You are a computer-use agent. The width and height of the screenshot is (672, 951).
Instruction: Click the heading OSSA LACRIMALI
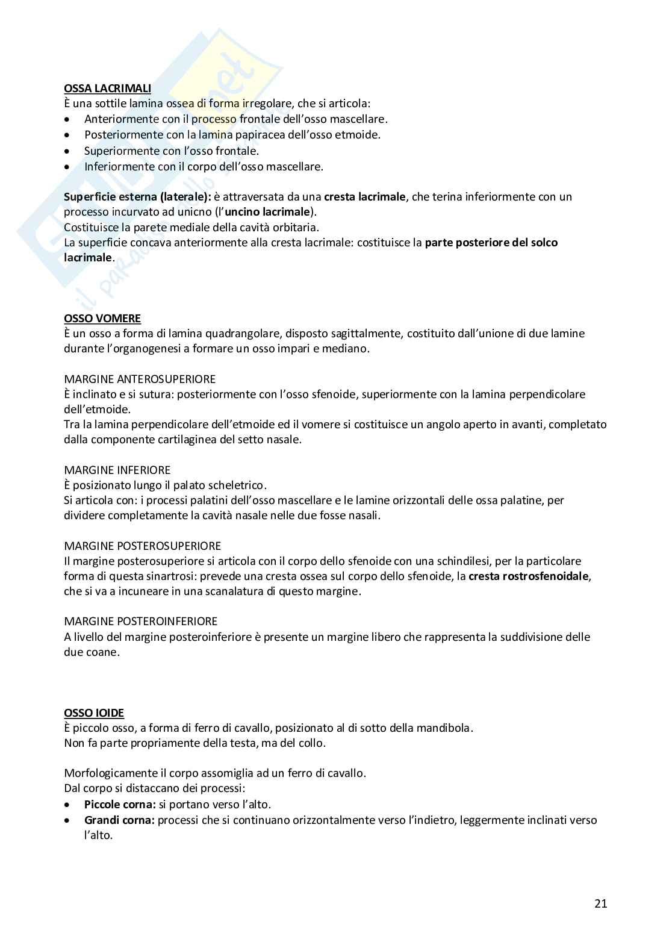pos(107,89)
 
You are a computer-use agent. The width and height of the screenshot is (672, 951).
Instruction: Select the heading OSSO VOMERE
pos(102,318)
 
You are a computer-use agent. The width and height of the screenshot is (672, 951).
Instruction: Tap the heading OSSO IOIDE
pos(94,712)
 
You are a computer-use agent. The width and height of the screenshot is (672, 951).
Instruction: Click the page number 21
pos(600,903)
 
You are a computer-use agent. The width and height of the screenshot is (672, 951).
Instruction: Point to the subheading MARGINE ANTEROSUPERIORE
pos(140,379)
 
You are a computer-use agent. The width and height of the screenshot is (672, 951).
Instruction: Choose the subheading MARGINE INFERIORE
pos(117,470)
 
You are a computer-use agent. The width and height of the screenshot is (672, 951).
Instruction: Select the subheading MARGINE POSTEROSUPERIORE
pos(143,546)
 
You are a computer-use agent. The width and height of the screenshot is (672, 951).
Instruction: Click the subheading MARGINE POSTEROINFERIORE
pos(141,621)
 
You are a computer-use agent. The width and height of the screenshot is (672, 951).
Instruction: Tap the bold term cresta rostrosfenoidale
pos(529,576)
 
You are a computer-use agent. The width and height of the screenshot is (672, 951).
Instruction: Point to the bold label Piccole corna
pos(120,804)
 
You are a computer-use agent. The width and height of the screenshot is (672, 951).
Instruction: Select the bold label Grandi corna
pos(119,820)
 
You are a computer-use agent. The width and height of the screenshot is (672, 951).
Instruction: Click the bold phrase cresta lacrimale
pos(364,196)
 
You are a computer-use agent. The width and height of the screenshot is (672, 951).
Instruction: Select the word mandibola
pos(445,728)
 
